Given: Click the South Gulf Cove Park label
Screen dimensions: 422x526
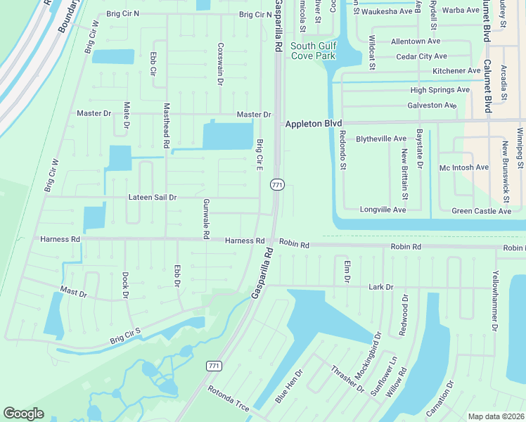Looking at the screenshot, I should click(x=314, y=50).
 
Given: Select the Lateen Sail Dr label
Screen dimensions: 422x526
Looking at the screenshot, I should click(x=152, y=198).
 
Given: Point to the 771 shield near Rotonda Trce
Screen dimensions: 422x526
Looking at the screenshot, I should click(x=214, y=366).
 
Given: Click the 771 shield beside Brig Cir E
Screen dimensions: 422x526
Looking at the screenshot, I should click(x=277, y=184).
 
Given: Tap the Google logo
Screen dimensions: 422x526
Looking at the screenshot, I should click(x=23, y=414).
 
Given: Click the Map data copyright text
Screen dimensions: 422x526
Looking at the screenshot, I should click(x=496, y=416).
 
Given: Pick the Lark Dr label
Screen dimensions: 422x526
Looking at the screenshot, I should click(x=380, y=287).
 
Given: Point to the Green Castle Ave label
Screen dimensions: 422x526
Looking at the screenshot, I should click(x=481, y=211).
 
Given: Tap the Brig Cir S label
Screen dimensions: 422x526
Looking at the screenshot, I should click(x=125, y=336).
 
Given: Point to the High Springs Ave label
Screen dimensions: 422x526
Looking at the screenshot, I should click(x=440, y=90).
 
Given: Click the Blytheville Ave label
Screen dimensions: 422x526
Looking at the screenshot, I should click(x=380, y=139).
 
